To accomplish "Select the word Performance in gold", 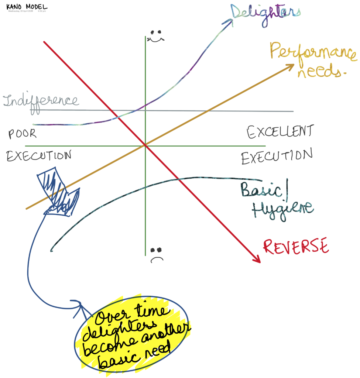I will (x=313, y=52).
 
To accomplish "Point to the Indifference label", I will (x=41, y=100).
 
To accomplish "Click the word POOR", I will (x=23, y=134).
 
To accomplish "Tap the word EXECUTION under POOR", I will (x=39, y=156).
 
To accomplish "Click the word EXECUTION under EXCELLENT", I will (x=277, y=157).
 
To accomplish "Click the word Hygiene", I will (x=282, y=209).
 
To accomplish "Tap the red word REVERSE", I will (x=296, y=247).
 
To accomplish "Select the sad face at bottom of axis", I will (x=157, y=254).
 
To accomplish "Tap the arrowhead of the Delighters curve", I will (x=229, y=22).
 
